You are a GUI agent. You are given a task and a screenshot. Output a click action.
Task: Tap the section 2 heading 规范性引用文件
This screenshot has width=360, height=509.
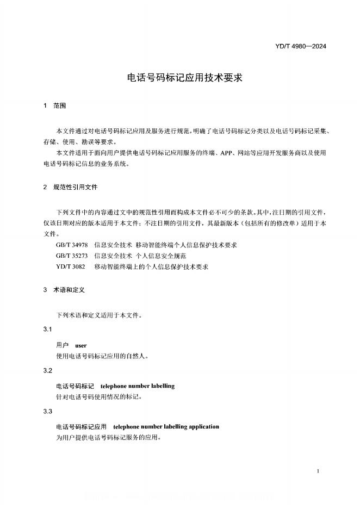point(75,187)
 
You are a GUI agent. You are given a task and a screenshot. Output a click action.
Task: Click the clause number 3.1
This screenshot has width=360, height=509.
point(47,330)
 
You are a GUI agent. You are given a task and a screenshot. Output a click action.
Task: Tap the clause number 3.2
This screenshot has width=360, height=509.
point(47,370)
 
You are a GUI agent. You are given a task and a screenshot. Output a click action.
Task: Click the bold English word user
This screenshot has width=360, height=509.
point(80,345)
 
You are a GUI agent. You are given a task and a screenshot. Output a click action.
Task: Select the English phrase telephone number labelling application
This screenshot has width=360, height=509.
point(166,427)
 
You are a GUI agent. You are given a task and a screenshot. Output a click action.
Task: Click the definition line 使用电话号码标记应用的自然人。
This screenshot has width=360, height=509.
point(103,357)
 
